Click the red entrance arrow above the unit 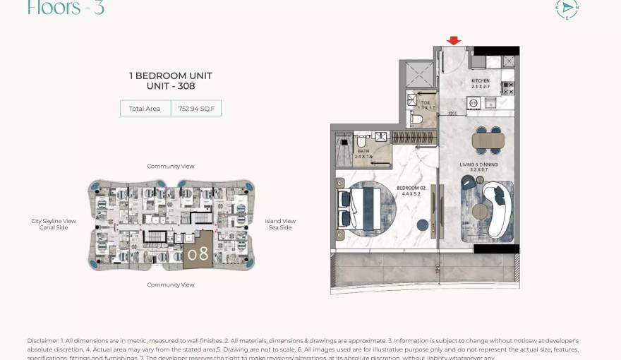point(454,41)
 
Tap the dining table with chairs point(488,140)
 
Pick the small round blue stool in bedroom point(423,225)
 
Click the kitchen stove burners point(507,88)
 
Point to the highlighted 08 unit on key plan point(198,252)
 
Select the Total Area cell point(145,109)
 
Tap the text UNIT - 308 point(171,87)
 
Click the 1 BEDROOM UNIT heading point(171,76)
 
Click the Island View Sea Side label point(280,224)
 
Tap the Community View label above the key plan point(171,167)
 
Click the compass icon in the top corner point(567,8)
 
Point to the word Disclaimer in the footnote point(43,341)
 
